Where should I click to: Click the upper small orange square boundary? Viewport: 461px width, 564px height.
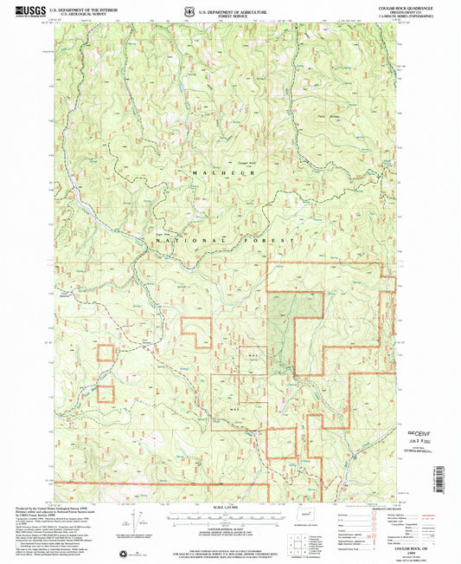(x=106, y=353)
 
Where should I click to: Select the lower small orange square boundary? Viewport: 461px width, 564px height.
(x=106, y=393)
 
